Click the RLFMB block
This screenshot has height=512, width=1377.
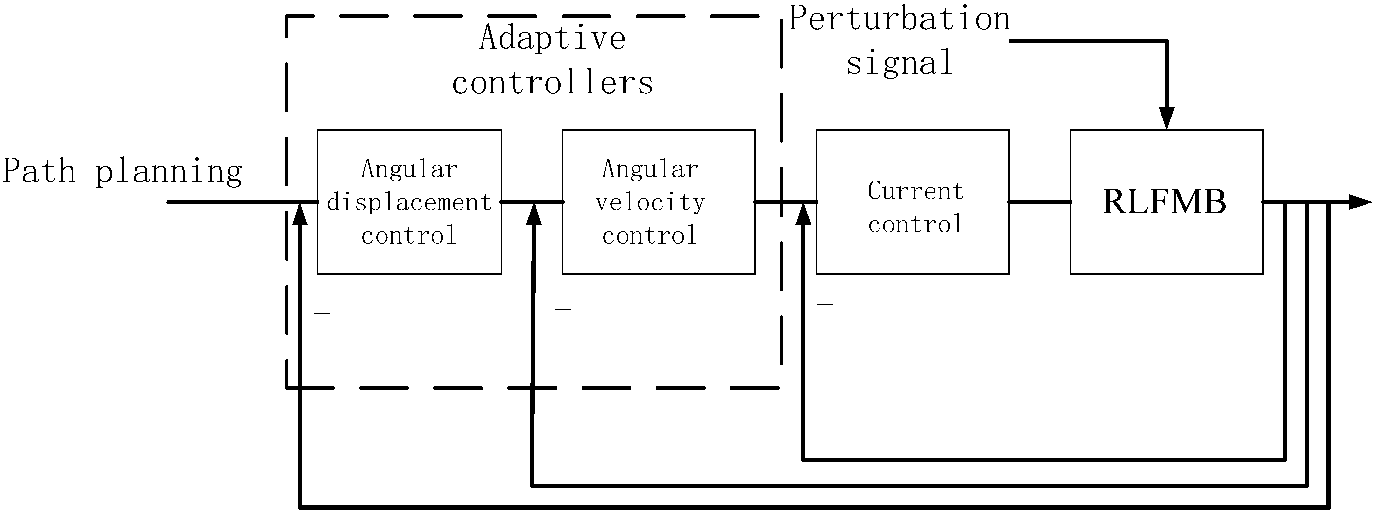pos(1166,202)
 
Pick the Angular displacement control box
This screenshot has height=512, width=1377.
pos(409,202)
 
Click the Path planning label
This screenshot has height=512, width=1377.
pos(122,172)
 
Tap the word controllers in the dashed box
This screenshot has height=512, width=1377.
pos(553,83)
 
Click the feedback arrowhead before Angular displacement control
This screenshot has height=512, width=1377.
pos(300,215)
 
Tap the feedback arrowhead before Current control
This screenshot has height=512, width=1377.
pos(803,215)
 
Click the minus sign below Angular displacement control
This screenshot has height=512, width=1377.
pos(322,313)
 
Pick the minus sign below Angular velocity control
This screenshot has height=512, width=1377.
pos(563,309)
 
